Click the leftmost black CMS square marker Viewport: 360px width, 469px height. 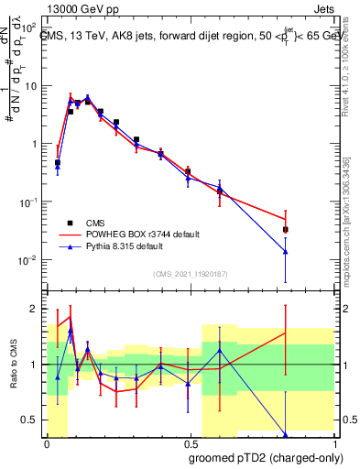(x=58, y=162)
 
